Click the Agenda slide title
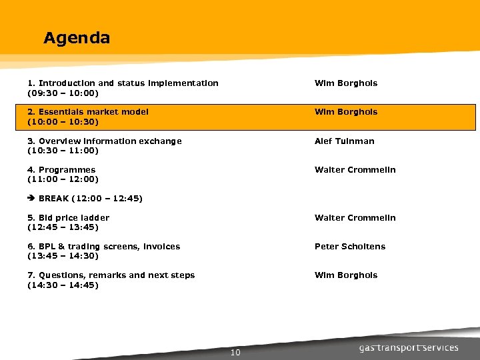[76, 38]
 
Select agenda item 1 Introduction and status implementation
[123, 83]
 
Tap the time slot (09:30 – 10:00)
[63, 93]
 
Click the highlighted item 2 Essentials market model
[87, 112]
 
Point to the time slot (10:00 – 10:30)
[63, 122]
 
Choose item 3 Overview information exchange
[104, 141]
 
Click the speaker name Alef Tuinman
[345, 141]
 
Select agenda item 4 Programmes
[61, 170]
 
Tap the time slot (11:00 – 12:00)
[63, 179]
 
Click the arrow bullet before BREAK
[31, 199]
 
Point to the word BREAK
[53, 199]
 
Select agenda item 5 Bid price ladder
[68, 218]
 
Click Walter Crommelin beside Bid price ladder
[355, 218]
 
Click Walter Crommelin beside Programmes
[355, 170]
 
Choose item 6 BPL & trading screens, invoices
[103, 247]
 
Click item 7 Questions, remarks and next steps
[111, 275]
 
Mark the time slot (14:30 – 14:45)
[63, 285]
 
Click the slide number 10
[235, 353]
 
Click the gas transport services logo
[409, 347]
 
